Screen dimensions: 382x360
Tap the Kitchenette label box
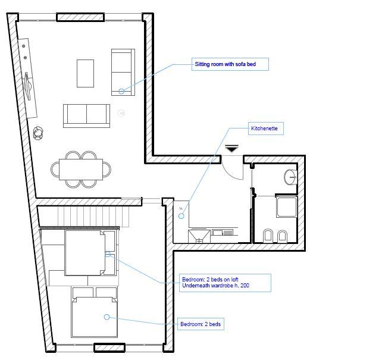tap(266, 129)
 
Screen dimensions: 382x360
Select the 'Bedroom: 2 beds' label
tap(201, 324)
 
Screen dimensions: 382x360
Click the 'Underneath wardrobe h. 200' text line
tap(215, 286)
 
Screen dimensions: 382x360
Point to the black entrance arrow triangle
tap(231, 148)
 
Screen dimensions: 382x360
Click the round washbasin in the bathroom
tap(290, 177)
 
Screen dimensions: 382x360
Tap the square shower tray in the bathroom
tap(287, 207)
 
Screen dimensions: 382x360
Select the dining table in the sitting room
tap(81, 170)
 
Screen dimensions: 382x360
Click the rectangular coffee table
tap(85, 73)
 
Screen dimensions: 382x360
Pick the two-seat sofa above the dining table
tap(86, 116)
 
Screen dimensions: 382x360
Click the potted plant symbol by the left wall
tap(38, 133)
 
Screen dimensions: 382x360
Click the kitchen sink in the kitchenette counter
tap(199, 236)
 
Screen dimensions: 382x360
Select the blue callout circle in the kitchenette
tap(181, 216)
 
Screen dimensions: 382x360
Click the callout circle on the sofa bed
tap(121, 92)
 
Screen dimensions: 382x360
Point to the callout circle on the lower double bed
tap(107, 317)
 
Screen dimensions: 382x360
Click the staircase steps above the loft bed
tap(93, 216)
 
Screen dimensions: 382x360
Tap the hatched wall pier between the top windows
tap(80, 17)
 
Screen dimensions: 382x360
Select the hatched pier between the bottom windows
tap(109, 348)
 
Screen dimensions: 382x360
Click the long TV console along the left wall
tap(27, 79)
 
